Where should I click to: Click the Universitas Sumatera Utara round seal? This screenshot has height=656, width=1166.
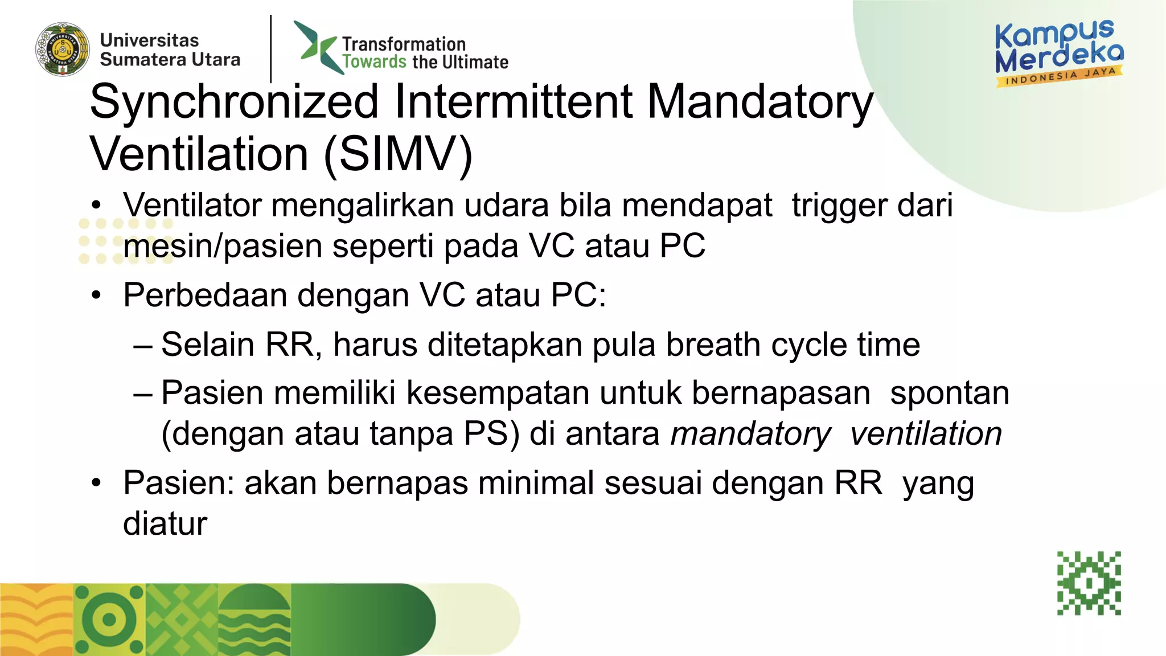[63, 50]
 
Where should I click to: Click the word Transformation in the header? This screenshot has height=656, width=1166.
[404, 44]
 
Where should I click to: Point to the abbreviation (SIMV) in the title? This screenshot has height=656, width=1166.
[398, 154]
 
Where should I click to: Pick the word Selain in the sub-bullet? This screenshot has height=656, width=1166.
[208, 345]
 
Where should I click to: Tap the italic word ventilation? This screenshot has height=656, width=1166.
[926, 434]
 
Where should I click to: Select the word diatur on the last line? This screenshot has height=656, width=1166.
[165, 523]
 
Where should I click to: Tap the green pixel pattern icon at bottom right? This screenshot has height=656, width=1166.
[1089, 583]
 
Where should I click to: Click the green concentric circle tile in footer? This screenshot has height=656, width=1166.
[109, 620]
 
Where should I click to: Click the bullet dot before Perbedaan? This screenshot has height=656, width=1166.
[97, 296]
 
